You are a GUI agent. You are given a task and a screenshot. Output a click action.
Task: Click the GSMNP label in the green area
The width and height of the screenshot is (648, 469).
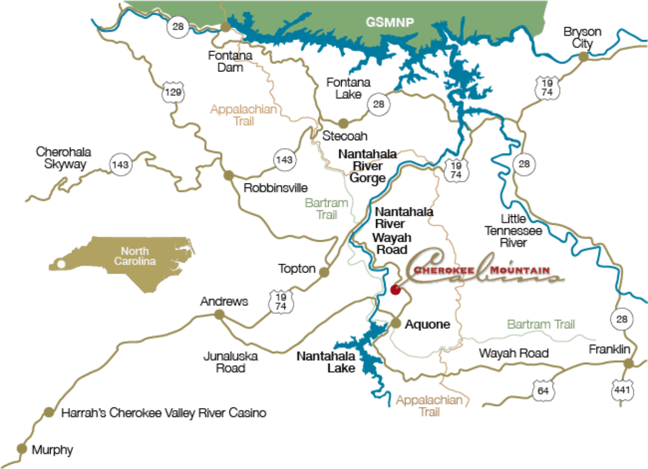[386, 22]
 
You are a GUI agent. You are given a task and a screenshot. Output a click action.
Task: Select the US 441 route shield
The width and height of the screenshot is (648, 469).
[622, 390]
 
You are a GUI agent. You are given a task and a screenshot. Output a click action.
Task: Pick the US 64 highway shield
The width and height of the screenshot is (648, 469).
[544, 390]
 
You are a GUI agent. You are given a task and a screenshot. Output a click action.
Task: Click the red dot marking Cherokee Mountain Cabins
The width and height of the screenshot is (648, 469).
[395, 290]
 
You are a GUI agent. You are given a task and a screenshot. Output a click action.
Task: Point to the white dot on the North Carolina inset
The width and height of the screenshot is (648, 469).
[62, 264]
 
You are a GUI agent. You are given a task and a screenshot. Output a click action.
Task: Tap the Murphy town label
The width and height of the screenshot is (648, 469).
[52, 450]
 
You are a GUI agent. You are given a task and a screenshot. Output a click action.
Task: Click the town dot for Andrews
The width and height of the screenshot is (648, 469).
[220, 313]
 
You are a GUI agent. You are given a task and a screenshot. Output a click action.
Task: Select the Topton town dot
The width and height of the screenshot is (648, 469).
[324, 271]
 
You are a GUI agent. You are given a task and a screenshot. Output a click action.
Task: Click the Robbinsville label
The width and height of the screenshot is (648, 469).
[276, 188]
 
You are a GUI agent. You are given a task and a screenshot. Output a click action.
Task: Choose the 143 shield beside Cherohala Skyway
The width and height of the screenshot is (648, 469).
[120, 165]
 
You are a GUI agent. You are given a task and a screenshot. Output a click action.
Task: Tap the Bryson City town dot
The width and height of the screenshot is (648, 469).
[583, 57]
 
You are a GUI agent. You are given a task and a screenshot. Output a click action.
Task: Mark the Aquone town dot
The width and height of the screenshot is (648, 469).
[397, 324]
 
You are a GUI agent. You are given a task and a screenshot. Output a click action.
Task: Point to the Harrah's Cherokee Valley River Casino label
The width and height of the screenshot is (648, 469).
[164, 413]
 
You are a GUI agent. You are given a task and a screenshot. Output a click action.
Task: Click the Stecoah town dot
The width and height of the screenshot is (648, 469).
[343, 124]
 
